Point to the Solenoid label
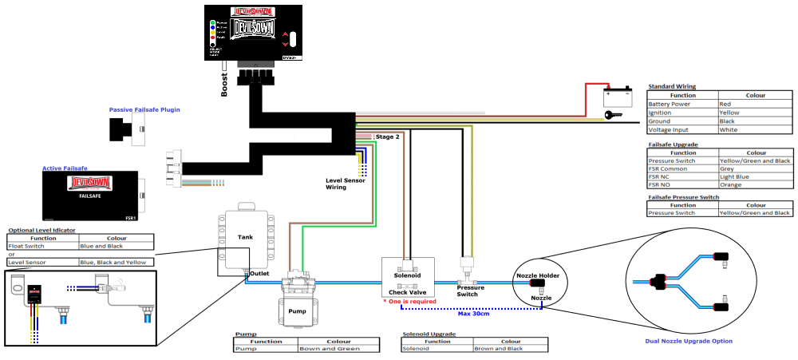(x=408, y=275)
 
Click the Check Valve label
(x=408, y=292)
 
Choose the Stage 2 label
(x=387, y=138)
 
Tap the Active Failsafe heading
(x=65, y=168)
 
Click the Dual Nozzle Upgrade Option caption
(x=689, y=341)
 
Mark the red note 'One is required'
(x=412, y=302)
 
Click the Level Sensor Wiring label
(x=346, y=184)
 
